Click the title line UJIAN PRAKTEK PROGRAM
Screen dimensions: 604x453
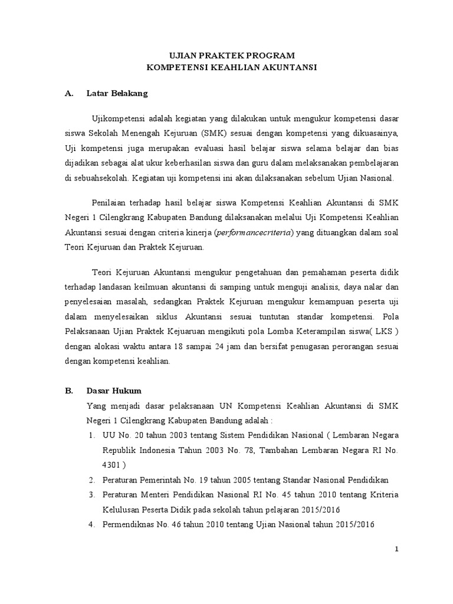(232, 55)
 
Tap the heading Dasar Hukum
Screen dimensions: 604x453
(113, 391)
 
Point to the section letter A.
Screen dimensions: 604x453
(68, 93)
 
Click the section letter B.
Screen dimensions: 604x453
(68, 391)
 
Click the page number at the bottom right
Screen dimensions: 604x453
(397, 549)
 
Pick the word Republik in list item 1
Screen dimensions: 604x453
(119, 449)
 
